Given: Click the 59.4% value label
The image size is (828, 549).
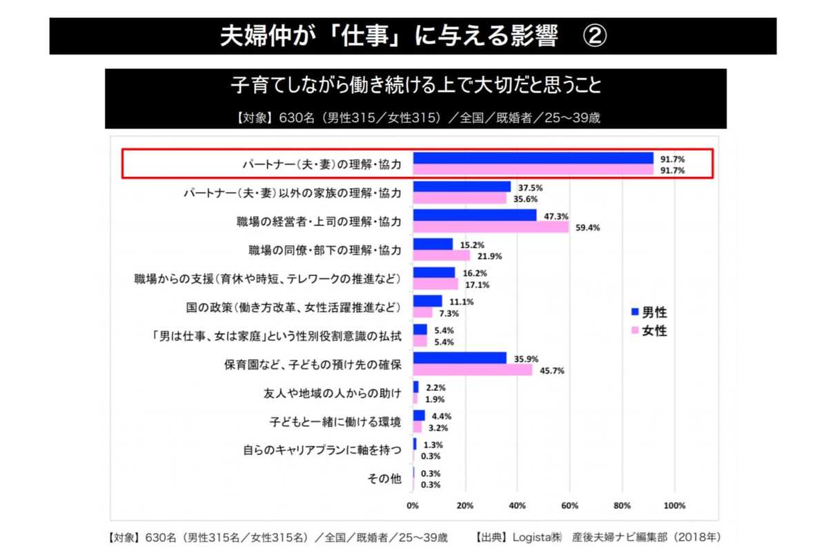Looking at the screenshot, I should [x=586, y=227].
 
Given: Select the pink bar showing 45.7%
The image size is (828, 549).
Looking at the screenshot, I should [x=473, y=370].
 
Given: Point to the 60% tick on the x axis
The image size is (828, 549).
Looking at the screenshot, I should [x=570, y=505].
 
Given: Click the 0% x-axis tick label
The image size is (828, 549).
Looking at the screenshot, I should [x=413, y=505].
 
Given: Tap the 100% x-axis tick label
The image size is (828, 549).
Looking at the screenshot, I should [x=674, y=505].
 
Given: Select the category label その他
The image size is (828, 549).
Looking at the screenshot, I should [x=384, y=478].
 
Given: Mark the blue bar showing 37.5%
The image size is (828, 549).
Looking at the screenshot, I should [x=462, y=186].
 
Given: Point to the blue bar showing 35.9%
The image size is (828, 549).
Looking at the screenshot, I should [x=460, y=358].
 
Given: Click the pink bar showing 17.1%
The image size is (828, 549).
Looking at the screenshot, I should [x=435, y=284].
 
